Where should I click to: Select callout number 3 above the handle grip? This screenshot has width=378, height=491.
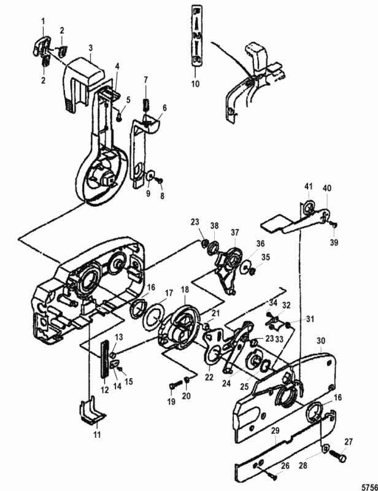tap(90, 47)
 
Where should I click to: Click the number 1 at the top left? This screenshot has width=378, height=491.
tap(43, 22)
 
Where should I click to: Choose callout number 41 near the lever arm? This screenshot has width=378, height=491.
tap(309, 185)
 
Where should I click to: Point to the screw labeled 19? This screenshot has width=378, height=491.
tap(172, 386)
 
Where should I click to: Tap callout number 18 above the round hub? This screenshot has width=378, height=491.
tap(185, 288)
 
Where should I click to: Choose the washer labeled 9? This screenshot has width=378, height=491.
tap(148, 177)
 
